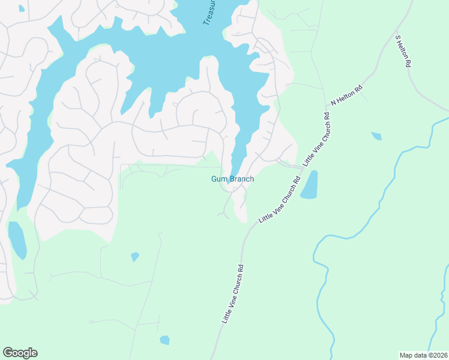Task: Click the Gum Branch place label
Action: [232, 179]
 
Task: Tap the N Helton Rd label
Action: [348, 95]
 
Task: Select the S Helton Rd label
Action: [403, 50]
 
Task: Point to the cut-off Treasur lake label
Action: [208, 12]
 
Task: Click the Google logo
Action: [20, 353]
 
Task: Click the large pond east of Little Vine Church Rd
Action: [310, 185]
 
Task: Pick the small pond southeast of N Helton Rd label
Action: [376, 136]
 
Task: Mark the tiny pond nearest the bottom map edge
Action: [164, 340]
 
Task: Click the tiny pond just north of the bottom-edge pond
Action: [135, 257]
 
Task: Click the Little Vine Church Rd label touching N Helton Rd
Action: [318, 139]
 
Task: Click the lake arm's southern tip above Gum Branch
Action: [233, 169]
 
